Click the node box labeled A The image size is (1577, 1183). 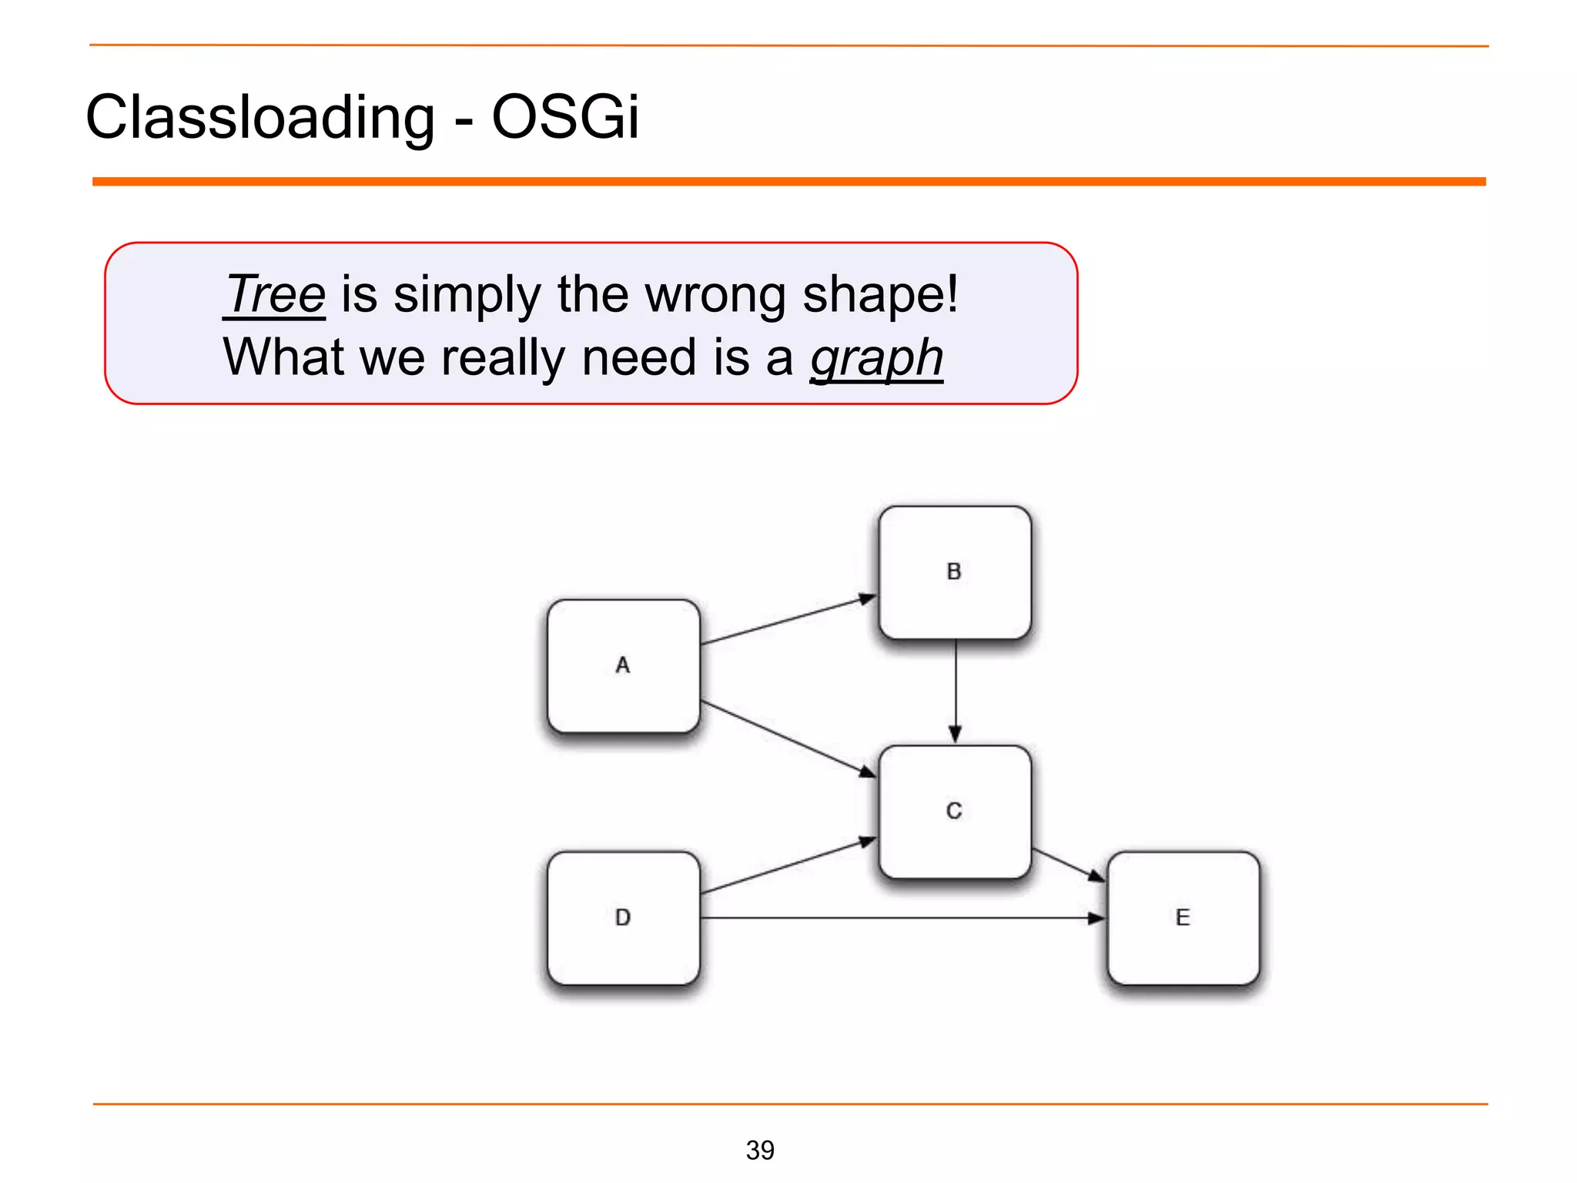tap(623, 665)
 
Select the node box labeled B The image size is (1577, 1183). tap(954, 572)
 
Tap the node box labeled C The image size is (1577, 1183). tap(954, 811)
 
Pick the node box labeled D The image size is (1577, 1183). tap(623, 917)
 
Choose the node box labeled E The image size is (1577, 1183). tap(1183, 917)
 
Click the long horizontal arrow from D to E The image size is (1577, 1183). tap(901, 918)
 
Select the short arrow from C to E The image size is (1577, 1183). tap(1068, 866)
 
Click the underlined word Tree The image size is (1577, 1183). tap(276, 294)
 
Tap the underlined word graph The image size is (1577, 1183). tap(876, 358)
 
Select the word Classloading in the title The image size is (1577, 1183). tap(260, 117)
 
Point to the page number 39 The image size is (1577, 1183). tap(760, 1150)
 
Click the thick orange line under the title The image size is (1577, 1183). tap(788, 182)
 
